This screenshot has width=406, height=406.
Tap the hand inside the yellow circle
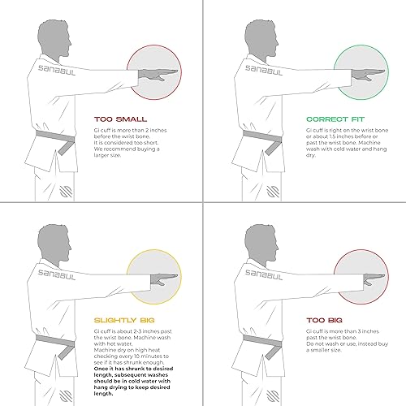[x=156, y=277]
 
